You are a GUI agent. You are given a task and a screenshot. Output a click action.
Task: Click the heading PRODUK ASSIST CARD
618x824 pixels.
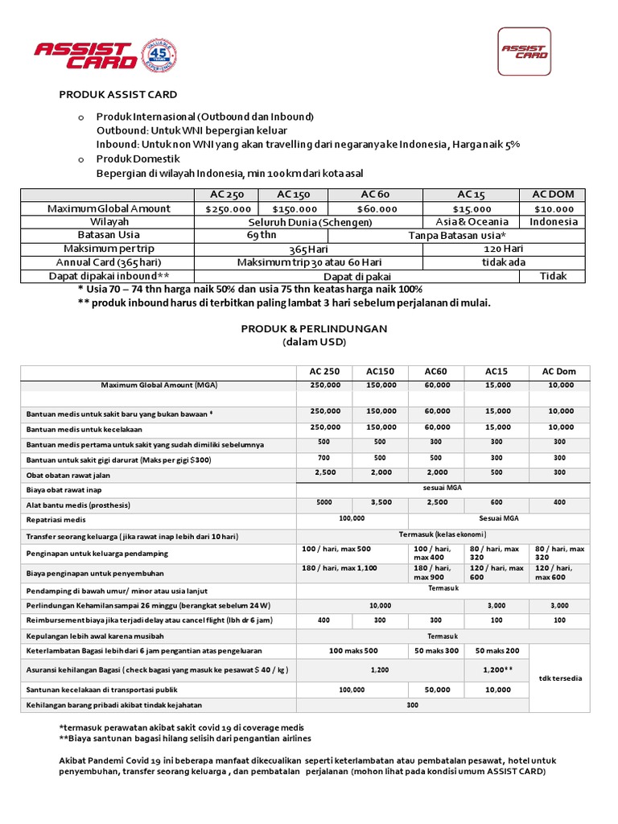[118, 94]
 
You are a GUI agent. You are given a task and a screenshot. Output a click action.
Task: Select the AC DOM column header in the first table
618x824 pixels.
[553, 195]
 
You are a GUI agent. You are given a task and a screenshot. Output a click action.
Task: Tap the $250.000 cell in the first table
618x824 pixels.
[228, 208]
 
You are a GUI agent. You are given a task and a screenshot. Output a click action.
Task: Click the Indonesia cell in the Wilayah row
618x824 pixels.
[553, 221]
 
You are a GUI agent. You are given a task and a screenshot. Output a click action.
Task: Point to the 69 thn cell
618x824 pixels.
[262, 235]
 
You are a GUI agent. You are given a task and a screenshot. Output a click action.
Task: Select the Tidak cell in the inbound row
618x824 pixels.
[553, 276]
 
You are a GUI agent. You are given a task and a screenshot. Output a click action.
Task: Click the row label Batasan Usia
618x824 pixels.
[109, 235]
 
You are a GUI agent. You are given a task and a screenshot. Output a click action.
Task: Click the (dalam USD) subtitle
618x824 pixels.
[314, 341]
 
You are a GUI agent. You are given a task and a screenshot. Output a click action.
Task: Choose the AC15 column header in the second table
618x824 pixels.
[496, 371]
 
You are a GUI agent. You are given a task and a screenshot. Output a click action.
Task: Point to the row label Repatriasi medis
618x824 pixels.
[60, 521]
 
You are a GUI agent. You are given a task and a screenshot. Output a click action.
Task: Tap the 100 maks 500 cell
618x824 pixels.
[352, 650]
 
